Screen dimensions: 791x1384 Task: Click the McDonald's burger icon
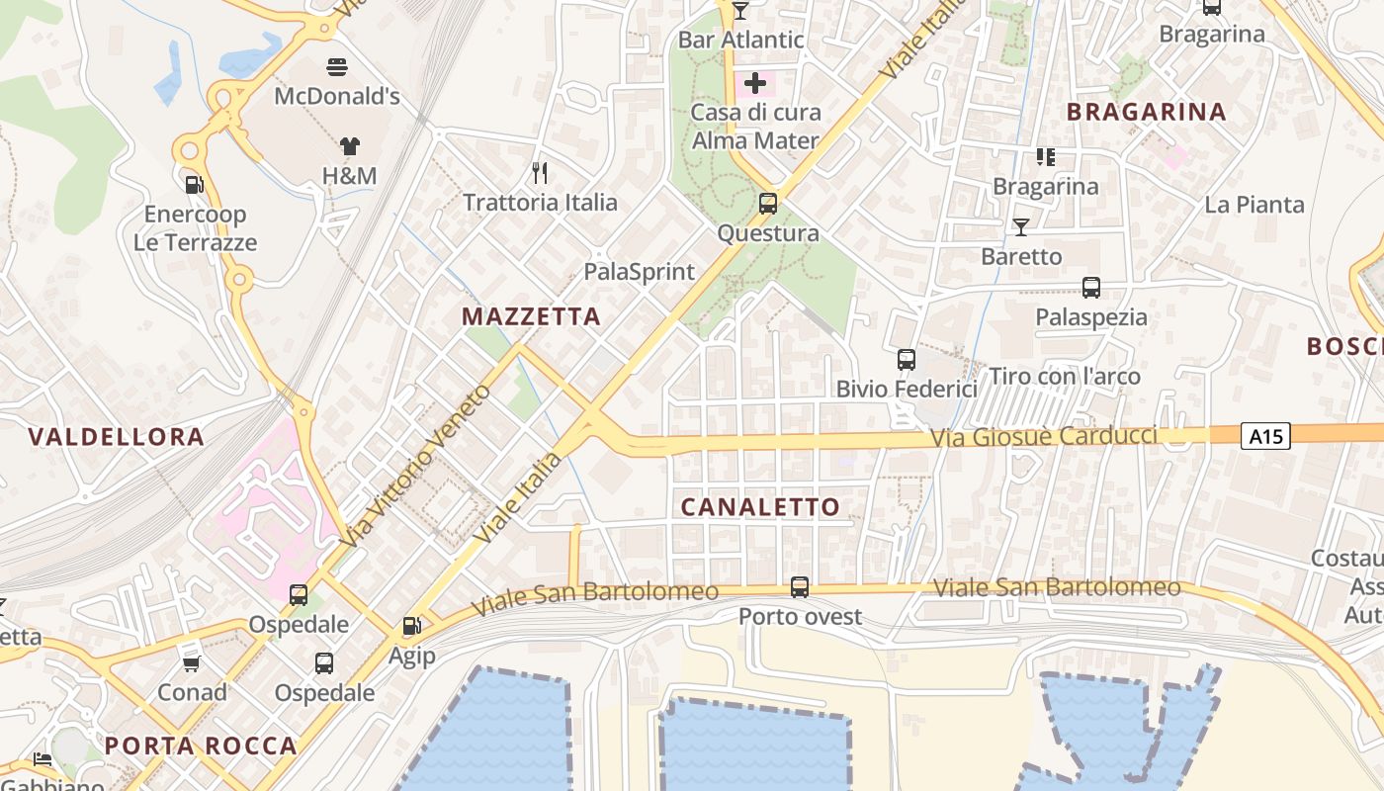(x=337, y=67)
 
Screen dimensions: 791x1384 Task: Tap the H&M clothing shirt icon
(x=350, y=146)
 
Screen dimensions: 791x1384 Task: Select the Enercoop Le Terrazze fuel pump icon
(x=195, y=184)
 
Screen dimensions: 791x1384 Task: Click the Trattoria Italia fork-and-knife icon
(x=540, y=173)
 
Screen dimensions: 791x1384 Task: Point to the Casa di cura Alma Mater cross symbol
(x=755, y=83)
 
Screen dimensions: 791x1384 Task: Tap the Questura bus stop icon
(x=768, y=204)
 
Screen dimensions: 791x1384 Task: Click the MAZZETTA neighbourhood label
(x=531, y=316)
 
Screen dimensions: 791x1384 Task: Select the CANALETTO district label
(x=760, y=507)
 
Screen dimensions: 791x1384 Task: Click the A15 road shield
(x=1265, y=435)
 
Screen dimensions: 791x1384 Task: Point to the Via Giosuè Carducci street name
(x=1042, y=436)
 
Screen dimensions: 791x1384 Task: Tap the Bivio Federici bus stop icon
(x=906, y=360)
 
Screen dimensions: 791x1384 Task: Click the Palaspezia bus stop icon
(x=1091, y=288)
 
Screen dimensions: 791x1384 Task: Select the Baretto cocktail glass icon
(x=1021, y=227)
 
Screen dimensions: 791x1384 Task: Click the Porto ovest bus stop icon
(x=800, y=587)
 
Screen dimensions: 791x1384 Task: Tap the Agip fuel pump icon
(x=411, y=626)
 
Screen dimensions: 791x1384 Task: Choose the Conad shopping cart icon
(x=192, y=663)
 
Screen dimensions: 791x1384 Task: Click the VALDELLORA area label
(x=117, y=437)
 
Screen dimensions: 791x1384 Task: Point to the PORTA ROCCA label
(x=201, y=746)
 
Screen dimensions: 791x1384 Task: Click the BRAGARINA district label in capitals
(x=1147, y=112)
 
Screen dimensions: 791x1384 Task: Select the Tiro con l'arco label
(x=1065, y=377)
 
